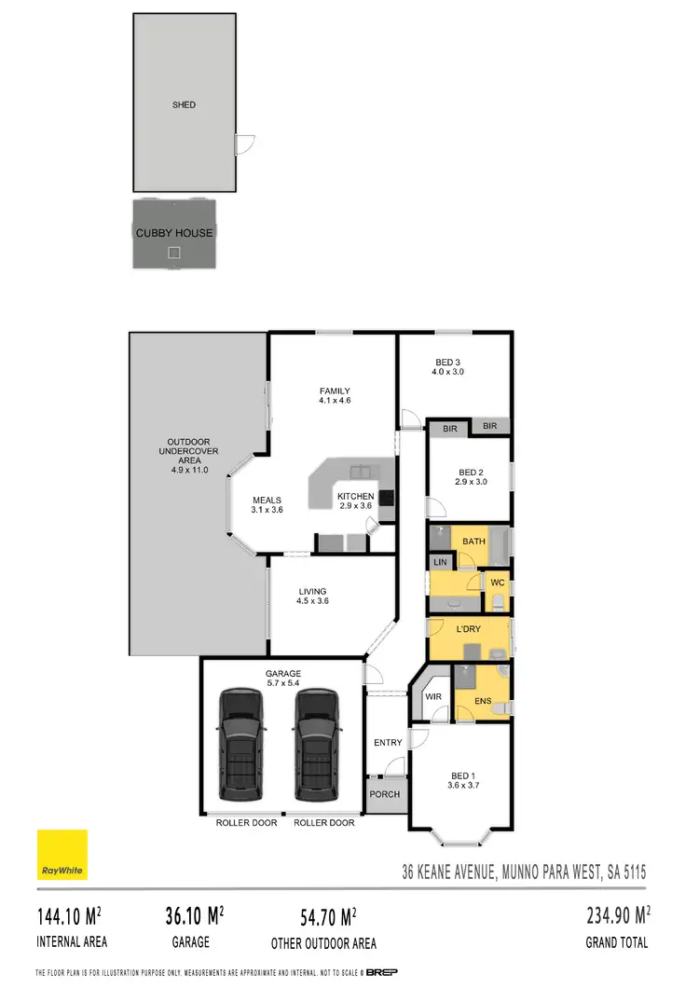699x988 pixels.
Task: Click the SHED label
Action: click(x=185, y=104)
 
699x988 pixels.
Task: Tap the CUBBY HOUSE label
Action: click(x=174, y=232)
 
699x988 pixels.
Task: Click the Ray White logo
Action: click(x=62, y=855)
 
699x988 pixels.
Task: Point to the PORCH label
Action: click(x=385, y=794)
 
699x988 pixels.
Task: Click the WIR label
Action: click(x=433, y=695)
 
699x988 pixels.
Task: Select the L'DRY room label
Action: click(x=468, y=630)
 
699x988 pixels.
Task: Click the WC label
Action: click(x=497, y=583)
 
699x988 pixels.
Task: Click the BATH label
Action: click(x=473, y=541)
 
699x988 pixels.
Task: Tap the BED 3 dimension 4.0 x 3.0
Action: click(x=448, y=372)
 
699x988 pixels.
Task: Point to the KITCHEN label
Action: click(x=355, y=497)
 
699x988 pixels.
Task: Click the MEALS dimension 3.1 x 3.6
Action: click(x=267, y=510)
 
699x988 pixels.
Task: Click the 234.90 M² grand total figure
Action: click(x=618, y=914)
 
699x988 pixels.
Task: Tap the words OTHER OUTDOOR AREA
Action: click(x=324, y=942)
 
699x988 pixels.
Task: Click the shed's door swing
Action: click(x=244, y=144)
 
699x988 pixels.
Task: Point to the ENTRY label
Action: click(x=387, y=743)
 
